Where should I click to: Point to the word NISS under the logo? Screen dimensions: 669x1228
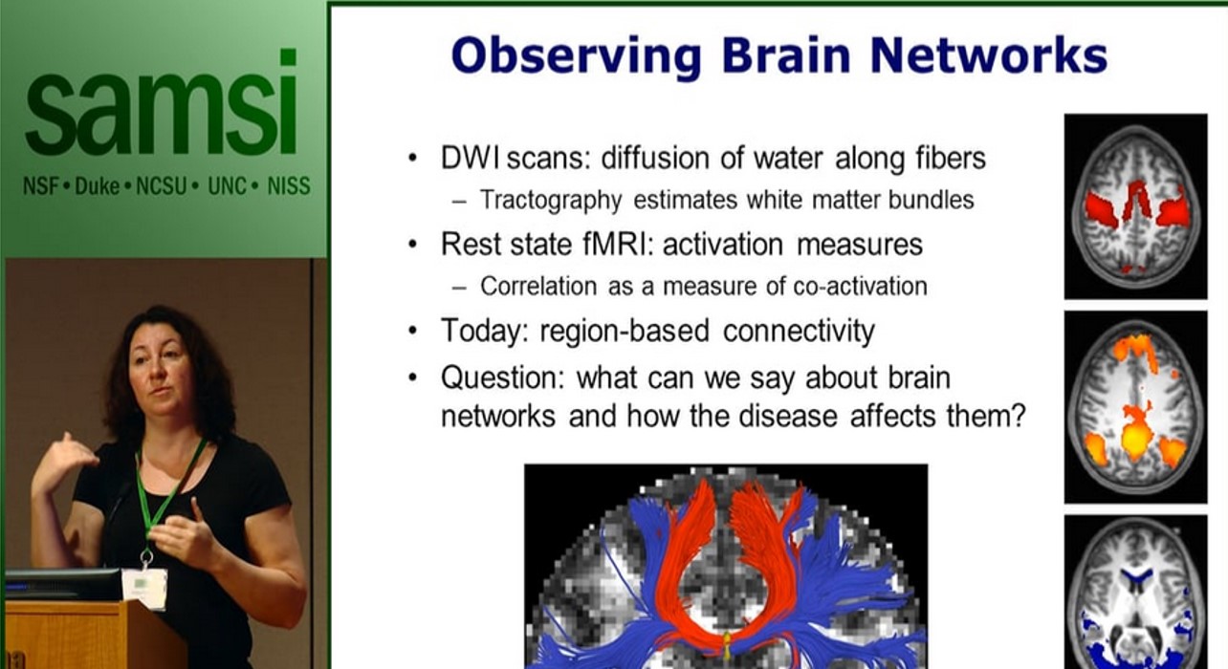click(289, 185)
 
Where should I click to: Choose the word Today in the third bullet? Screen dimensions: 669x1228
click(483, 331)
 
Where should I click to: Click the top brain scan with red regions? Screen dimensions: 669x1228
click(1135, 205)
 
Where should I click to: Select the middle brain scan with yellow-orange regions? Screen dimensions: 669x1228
click(1135, 406)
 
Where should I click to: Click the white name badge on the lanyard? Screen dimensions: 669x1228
click(144, 587)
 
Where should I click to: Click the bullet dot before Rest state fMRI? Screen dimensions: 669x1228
click(412, 245)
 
